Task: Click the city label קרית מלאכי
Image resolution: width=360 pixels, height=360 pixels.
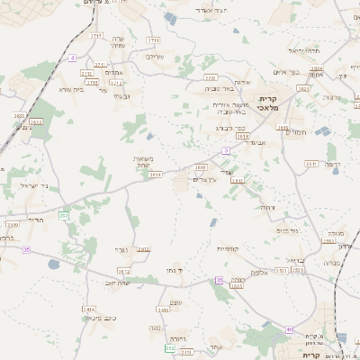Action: [271, 102]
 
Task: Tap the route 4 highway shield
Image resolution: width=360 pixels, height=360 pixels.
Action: [72, 58]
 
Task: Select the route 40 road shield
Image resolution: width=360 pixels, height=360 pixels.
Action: [290, 330]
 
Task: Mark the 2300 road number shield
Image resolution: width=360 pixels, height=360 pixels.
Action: [13, 224]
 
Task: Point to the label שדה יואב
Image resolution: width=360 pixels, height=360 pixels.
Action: [118, 282]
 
